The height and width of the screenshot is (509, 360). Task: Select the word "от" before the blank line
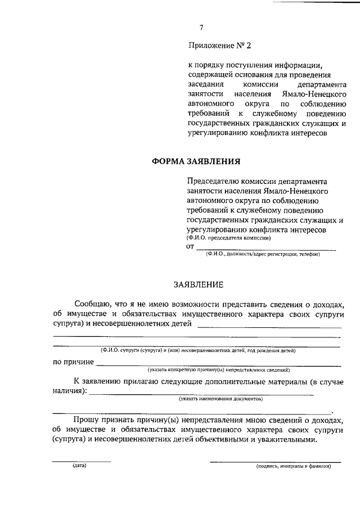coord(190,246)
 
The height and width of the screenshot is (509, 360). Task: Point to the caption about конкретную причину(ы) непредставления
coord(219,370)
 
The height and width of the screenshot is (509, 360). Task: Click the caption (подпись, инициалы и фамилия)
coord(293,466)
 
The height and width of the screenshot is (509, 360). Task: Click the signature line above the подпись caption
coord(275,462)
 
